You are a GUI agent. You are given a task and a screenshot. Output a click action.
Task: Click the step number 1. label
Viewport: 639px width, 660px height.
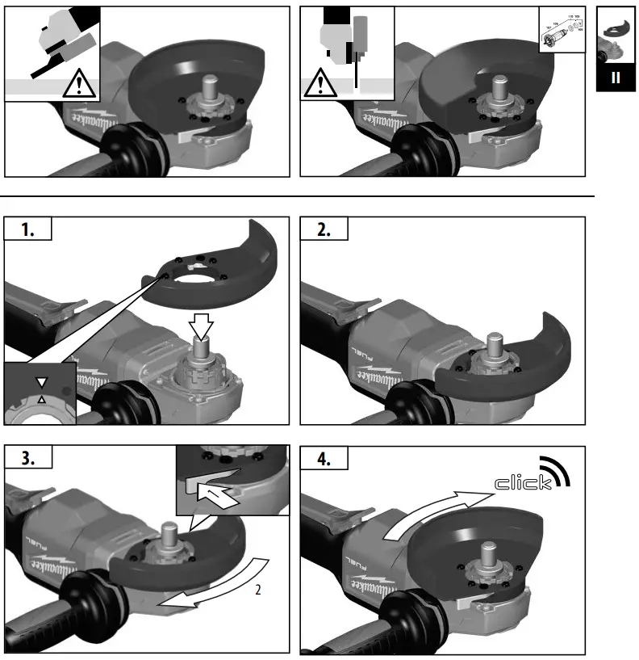[28, 229]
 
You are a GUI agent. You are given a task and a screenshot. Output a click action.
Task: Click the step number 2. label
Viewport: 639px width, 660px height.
[324, 229]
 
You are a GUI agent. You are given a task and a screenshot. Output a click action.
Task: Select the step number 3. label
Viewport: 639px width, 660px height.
[28, 457]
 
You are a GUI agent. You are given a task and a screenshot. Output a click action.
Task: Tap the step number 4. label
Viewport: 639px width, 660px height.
[324, 457]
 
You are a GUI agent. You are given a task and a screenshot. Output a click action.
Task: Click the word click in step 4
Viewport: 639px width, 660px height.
[524, 483]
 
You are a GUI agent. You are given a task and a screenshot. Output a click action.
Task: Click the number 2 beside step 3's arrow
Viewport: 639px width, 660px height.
[257, 590]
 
